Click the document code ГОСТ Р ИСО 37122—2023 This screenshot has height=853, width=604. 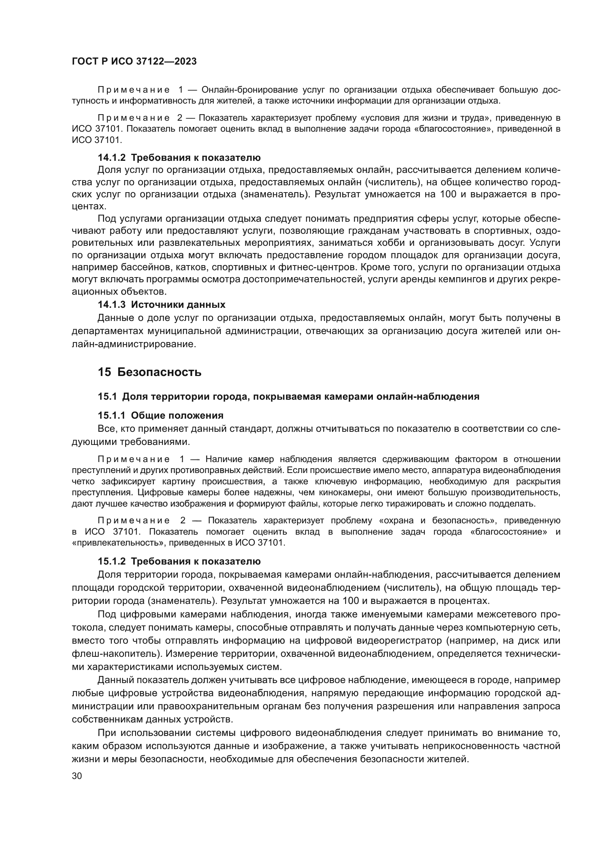(x=134, y=61)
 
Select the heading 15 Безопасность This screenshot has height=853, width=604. (x=149, y=372)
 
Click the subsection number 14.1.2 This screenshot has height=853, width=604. (x=112, y=158)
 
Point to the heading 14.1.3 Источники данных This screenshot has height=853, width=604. (x=161, y=305)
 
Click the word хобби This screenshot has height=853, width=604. (x=397, y=243)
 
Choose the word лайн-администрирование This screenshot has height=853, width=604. (x=134, y=344)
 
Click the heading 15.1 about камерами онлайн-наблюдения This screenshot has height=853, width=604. (x=288, y=396)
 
